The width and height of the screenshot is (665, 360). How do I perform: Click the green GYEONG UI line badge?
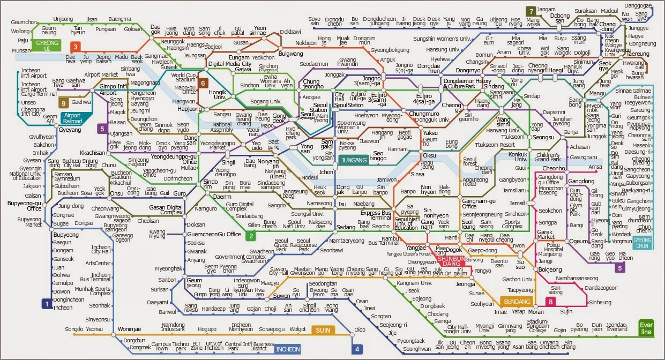[45, 44]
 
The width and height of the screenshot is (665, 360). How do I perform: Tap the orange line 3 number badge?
[76, 47]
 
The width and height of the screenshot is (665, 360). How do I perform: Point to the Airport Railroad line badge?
[73, 118]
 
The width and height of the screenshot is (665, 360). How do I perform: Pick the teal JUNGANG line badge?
[354, 160]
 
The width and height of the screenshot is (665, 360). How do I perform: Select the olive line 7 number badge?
[530, 11]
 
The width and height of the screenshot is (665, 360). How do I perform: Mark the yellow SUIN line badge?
[322, 329]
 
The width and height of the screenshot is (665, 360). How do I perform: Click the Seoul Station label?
[319, 107]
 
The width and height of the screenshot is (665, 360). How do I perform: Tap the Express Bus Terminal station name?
[375, 215]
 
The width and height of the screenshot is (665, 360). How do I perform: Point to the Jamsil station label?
[517, 204]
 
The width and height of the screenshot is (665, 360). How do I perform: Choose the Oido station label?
[360, 329]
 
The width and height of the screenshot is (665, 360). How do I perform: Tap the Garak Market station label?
[546, 234]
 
